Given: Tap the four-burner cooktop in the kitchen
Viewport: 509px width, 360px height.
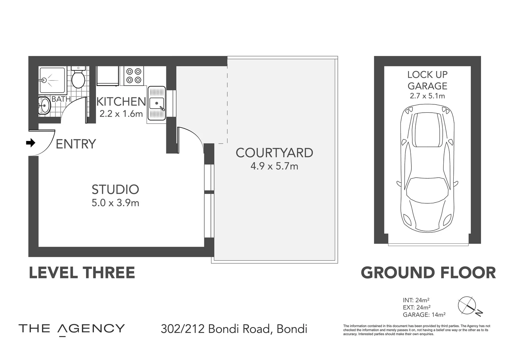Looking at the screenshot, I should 134,75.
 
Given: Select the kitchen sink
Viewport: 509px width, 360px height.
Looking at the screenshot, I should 157,103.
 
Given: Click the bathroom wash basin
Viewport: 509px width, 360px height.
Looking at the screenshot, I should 44,106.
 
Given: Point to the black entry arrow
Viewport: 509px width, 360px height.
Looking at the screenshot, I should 31,143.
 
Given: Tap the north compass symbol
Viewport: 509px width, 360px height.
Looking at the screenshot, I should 470,306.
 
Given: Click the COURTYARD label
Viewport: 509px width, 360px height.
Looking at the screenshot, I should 274,153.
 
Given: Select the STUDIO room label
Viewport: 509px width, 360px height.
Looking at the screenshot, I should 115,189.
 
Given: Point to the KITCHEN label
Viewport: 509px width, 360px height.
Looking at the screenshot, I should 121,102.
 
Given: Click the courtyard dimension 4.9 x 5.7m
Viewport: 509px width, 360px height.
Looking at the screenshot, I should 274,166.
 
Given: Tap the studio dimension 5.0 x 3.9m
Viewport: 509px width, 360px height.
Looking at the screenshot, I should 115,203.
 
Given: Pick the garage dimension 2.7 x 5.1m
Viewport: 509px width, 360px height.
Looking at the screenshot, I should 427,96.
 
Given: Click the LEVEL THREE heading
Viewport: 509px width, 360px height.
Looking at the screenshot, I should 82,273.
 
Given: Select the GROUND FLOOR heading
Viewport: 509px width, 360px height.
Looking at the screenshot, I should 428,273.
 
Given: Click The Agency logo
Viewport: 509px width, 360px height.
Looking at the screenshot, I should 72,329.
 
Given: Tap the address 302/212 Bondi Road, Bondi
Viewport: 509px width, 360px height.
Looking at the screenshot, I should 234,329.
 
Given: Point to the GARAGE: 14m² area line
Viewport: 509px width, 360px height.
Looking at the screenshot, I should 424,314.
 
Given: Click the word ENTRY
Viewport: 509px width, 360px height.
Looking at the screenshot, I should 76,144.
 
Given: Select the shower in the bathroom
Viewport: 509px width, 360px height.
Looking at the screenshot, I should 52,80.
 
